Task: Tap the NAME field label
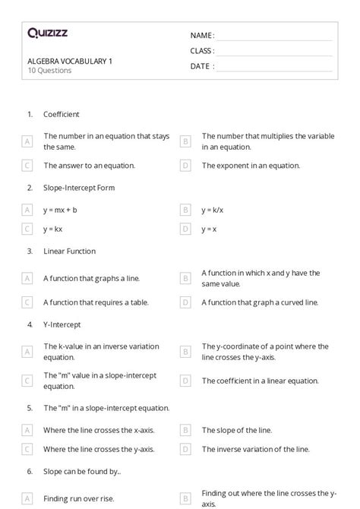[202, 36]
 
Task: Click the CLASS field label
[202, 51]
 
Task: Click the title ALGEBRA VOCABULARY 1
[70, 61]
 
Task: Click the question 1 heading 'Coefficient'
[62, 114]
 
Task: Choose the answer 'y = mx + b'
[60, 209]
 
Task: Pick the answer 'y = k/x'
[213, 209]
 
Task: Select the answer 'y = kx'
[53, 228]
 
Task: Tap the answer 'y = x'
[209, 228]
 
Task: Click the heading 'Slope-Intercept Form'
[79, 187]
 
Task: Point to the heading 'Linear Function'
[69, 251]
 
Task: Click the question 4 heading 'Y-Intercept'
[62, 324]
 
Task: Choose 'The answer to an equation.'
[89, 165]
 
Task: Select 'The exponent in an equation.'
[251, 165]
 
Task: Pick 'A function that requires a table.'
[99, 302]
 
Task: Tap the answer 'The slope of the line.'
[236, 430]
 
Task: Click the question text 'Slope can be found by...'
[82, 471]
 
